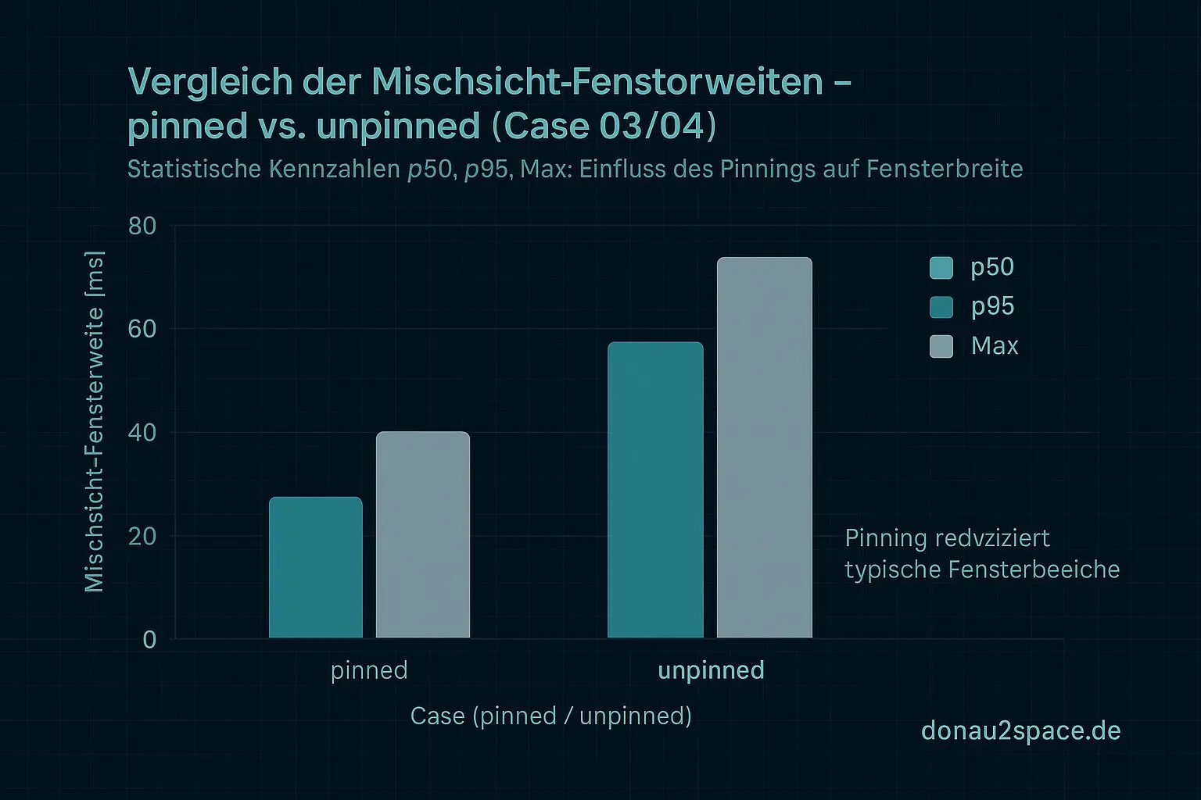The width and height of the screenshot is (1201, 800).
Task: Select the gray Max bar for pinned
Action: (423, 535)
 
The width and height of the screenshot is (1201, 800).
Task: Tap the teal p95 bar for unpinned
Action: (655, 490)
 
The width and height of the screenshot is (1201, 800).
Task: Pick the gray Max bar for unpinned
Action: (765, 448)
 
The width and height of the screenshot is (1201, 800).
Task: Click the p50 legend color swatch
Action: (941, 268)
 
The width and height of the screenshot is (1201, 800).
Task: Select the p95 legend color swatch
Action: (941, 307)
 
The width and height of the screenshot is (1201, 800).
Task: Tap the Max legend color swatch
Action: (941, 346)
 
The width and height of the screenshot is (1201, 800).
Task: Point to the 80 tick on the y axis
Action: (142, 227)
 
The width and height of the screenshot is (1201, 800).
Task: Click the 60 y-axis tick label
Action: (142, 330)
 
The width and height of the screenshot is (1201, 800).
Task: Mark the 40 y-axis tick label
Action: (142, 433)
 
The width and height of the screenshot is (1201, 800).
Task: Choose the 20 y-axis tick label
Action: (142, 537)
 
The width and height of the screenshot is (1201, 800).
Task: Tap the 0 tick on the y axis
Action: (149, 640)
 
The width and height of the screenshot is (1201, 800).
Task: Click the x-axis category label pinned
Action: (369, 670)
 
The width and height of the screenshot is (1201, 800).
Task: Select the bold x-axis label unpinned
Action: (711, 670)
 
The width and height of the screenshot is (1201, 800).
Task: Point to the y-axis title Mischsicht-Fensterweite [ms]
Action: (95, 422)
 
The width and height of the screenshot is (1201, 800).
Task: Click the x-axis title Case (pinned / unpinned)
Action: (551, 716)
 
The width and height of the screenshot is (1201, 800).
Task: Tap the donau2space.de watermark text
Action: (1021, 730)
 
